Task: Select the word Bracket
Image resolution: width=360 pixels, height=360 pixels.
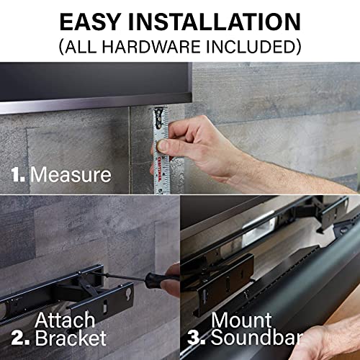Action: [x=72, y=337]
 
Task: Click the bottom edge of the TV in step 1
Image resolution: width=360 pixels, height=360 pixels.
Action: [x=94, y=108]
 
